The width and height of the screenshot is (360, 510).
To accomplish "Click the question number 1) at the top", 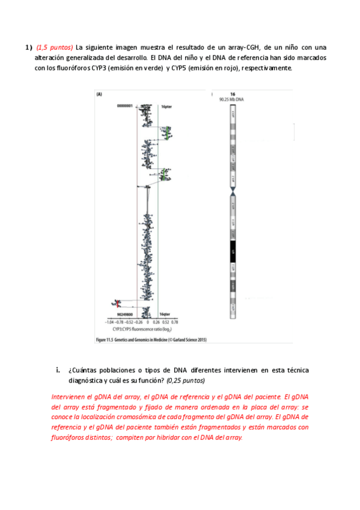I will (x=28, y=48).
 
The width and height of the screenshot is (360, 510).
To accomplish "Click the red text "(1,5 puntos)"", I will (x=55, y=48).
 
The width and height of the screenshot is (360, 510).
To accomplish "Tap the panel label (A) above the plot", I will (x=99, y=94).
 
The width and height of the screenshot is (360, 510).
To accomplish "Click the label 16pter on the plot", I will (x=167, y=106).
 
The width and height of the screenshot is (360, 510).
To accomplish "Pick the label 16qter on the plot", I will (x=166, y=315).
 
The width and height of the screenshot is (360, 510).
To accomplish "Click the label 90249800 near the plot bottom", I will (x=125, y=315).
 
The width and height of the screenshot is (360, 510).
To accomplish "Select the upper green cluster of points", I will (x=166, y=131).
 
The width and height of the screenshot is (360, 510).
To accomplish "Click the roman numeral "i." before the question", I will (x=58, y=370).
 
